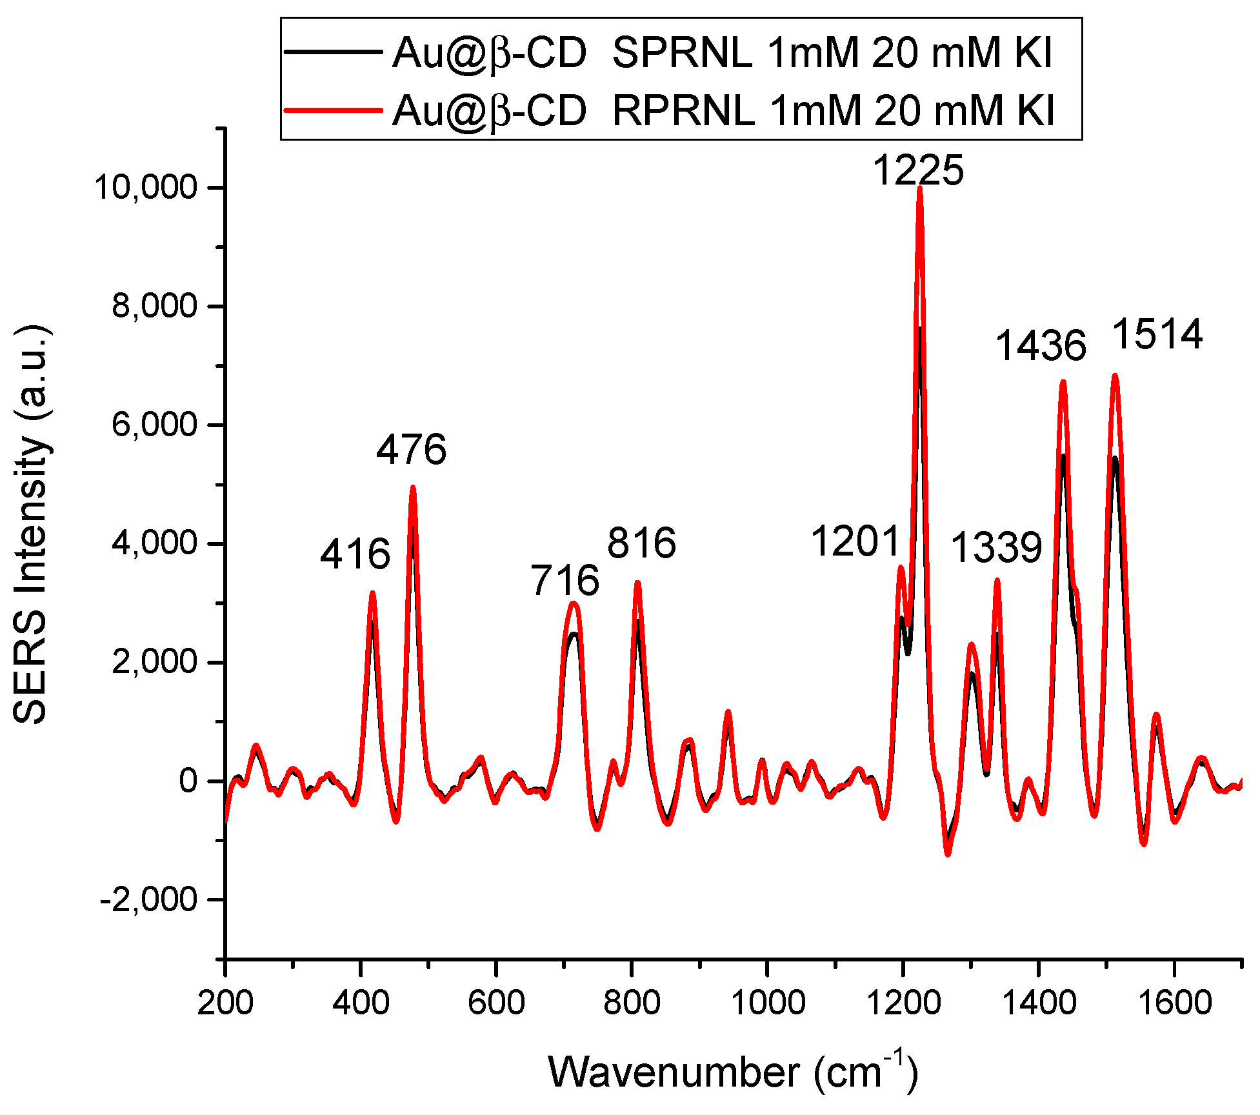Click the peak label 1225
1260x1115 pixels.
(918, 171)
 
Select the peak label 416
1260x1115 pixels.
(355, 554)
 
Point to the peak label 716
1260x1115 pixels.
(565, 580)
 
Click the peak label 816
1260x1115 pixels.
(641, 542)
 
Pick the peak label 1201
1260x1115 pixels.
(855, 541)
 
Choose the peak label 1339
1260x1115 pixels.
(997, 548)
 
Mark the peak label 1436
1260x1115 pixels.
(1041, 345)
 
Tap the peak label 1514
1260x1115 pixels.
(1158, 334)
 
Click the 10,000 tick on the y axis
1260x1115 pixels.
(146, 187)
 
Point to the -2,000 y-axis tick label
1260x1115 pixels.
(148, 899)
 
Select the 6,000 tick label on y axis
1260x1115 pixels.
(154, 425)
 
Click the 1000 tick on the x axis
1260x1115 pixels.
(766, 1003)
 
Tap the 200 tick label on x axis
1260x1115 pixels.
(225, 1003)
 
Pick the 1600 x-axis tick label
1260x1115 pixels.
(1174, 1003)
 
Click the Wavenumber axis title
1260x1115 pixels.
(732, 1072)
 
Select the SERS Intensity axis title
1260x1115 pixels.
(31, 524)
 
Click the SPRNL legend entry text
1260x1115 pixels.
(723, 52)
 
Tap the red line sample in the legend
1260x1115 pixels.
(334, 110)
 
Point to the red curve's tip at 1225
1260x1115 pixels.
(920, 188)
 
